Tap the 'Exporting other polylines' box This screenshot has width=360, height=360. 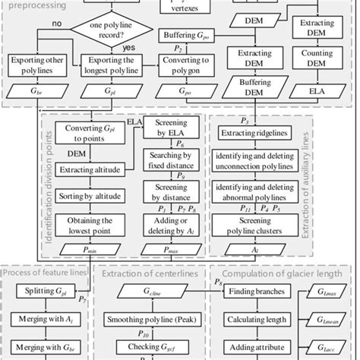coord(35,65)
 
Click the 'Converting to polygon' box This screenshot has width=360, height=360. coord(181,65)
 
